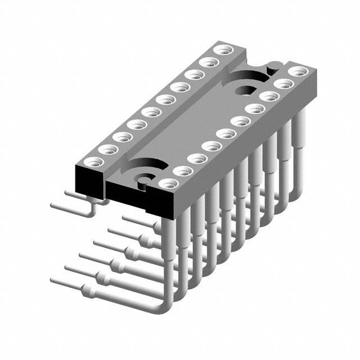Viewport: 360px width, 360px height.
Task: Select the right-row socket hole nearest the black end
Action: pyautogui.click(x=167, y=183)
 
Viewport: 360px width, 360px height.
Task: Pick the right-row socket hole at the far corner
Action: pyautogui.click(x=298, y=72)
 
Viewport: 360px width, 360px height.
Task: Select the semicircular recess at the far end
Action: pyautogui.click(x=250, y=76)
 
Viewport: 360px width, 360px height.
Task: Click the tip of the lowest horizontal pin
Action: pyautogui.click(x=54, y=280)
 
